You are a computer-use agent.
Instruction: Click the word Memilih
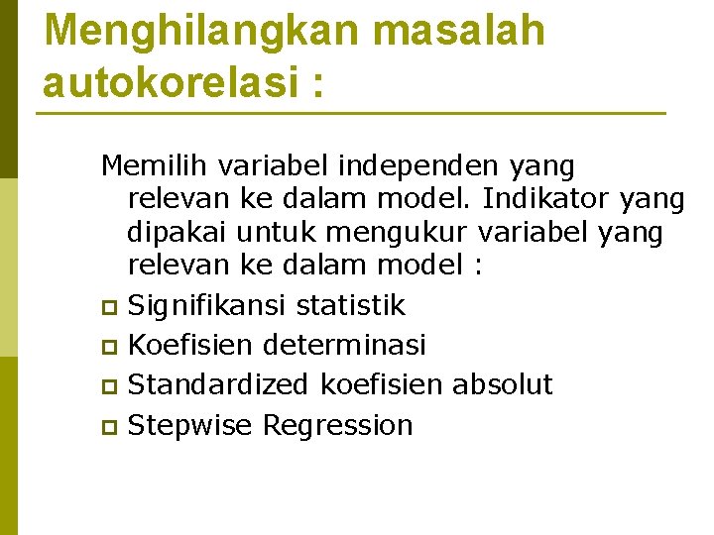[x=151, y=165]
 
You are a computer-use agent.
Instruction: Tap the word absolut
[x=502, y=384]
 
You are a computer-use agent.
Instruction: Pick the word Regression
[x=337, y=426]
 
